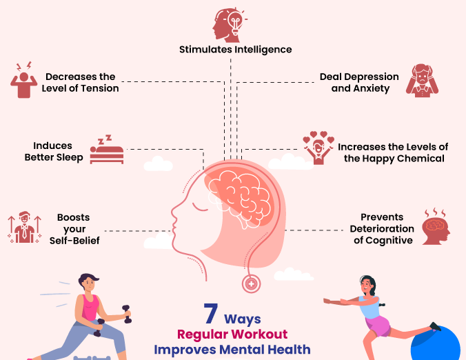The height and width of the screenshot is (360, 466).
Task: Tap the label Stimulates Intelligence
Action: click(236, 50)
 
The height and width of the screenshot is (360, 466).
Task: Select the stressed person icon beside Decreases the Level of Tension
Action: click(23, 81)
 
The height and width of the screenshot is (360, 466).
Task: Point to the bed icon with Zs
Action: click(107, 151)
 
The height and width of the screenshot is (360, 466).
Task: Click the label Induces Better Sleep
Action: click(54, 152)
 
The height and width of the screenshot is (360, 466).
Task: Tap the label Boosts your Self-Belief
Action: click(70, 228)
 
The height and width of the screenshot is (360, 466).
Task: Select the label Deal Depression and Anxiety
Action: click(359, 83)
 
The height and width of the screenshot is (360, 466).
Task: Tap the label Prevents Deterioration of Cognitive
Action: click(382, 228)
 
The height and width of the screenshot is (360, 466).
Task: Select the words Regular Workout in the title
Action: click(232, 334)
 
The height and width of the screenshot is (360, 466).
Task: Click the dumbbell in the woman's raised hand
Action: click(126, 314)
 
